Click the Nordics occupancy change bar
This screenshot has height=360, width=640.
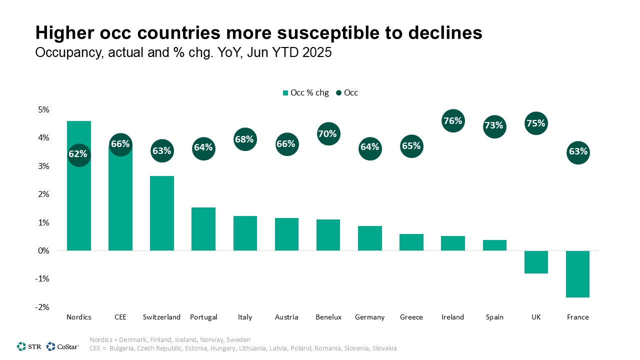pos(79,210)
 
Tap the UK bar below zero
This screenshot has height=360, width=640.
pos(536,262)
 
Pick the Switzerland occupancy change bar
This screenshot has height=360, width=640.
pos(162,213)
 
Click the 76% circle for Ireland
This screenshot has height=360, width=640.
pos(452,121)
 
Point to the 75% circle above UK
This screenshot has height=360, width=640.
pos(535,123)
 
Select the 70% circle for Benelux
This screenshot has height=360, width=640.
pos(328,134)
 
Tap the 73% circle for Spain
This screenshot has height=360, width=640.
pos(493,125)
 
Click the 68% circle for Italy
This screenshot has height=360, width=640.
pos(244,139)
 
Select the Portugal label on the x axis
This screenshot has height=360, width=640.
pos(203,317)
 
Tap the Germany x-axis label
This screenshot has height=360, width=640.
pos(369,317)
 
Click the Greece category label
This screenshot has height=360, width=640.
pos(411,317)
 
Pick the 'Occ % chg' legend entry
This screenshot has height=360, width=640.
pos(305,92)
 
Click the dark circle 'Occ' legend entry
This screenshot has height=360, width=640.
pos(347,92)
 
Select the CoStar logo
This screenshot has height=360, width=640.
pos(62,346)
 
